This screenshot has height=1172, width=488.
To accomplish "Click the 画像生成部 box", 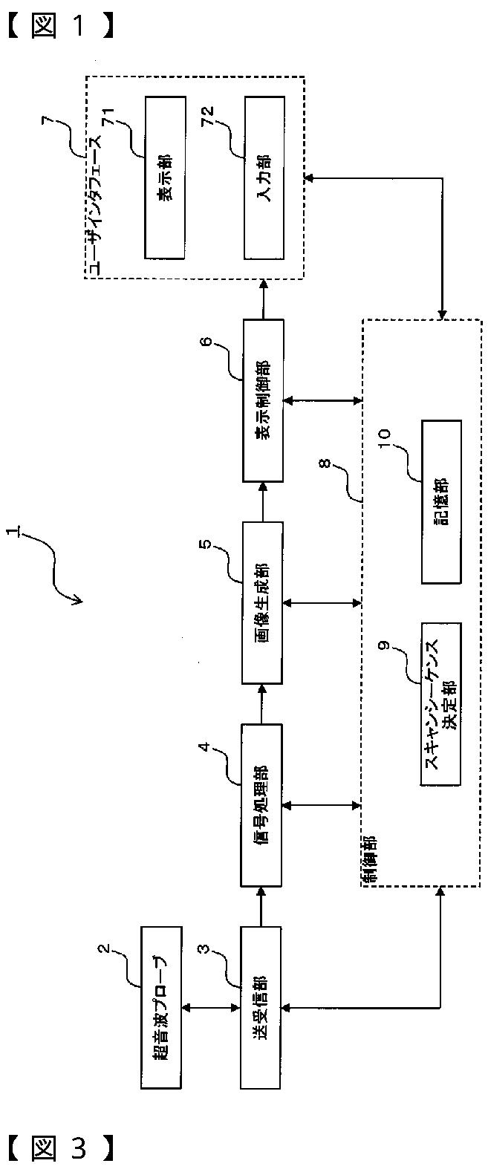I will (x=263, y=602).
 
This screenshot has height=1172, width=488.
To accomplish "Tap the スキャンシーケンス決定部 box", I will (x=441, y=703).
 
